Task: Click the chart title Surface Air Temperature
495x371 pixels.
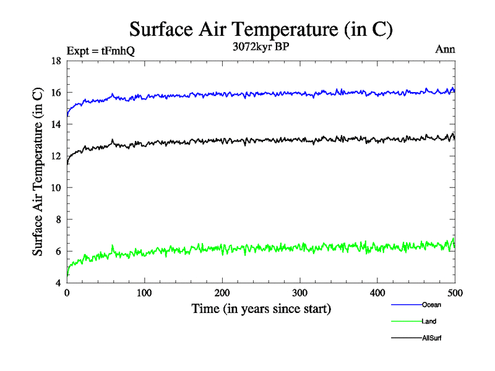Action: (x=260, y=29)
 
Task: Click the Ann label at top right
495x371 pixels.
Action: (x=445, y=50)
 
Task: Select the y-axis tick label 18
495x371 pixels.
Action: (x=55, y=61)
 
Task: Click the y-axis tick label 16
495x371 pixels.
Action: (x=55, y=93)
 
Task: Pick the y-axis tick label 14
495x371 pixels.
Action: (x=55, y=124)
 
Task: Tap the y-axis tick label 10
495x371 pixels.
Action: (x=55, y=188)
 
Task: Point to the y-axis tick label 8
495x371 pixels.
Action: (x=58, y=220)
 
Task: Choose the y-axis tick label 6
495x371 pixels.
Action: (x=58, y=252)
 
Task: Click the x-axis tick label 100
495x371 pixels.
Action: (x=144, y=292)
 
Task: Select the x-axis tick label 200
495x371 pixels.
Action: (x=222, y=292)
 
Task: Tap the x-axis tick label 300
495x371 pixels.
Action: (x=299, y=292)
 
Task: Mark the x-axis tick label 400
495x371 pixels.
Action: (x=377, y=292)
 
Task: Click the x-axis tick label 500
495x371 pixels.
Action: (x=455, y=292)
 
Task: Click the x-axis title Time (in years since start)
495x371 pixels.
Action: (x=260, y=309)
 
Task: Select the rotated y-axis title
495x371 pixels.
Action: (x=38, y=172)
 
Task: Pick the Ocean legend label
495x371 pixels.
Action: (x=431, y=305)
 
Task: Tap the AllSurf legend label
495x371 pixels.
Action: (x=432, y=338)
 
